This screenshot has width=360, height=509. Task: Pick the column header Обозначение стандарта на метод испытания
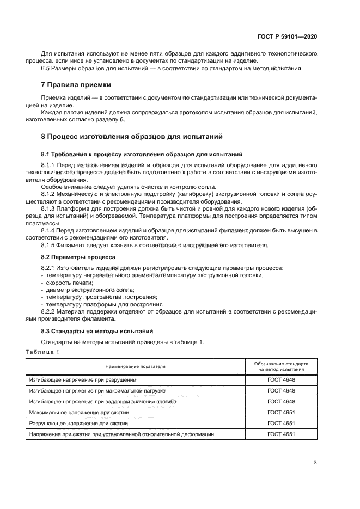click(x=282, y=366)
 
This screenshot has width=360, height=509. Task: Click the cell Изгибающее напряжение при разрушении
click(x=83, y=380)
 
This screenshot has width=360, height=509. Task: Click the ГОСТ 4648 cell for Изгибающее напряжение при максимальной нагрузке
click(x=282, y=391)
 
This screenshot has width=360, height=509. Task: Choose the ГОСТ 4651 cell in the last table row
click(x=282, y=434)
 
